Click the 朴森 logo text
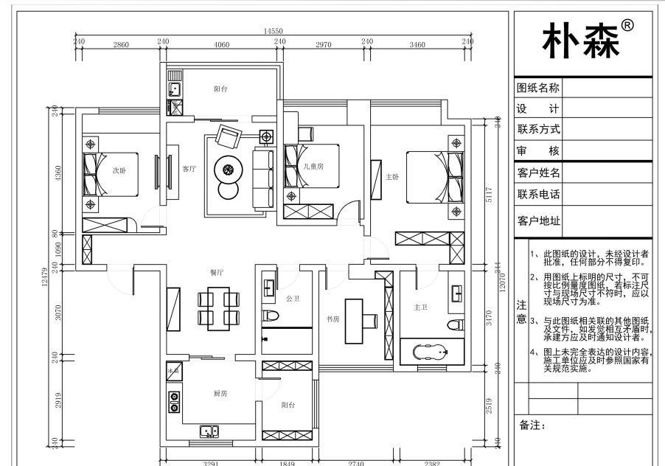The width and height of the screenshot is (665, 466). click(x=580, y=40)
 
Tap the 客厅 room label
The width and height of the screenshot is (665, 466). click(x=189, y=169)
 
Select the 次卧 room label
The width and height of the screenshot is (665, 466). click(x=119, y=170)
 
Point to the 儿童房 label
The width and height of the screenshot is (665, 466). click(x=313, y=167)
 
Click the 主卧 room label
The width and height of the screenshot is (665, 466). click(x=392, y=177)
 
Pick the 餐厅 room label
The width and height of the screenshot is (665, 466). click(x=217, y=272)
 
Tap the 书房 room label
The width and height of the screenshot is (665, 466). click(x=333, y=319)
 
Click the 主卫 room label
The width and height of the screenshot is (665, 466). click(x=421, y=307)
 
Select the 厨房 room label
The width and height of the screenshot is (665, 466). click(x=220, y=394)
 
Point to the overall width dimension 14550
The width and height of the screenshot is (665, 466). click(x=273, y=31)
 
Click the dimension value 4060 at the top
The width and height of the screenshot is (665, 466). click(x=220, y=45)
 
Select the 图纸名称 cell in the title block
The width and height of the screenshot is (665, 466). click(x=538, y=88)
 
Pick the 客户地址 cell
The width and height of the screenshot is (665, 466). click(x=538, y=220)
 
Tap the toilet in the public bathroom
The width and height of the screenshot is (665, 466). click(x=271, y=316)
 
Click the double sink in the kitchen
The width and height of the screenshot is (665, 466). click(x=209, y=433)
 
